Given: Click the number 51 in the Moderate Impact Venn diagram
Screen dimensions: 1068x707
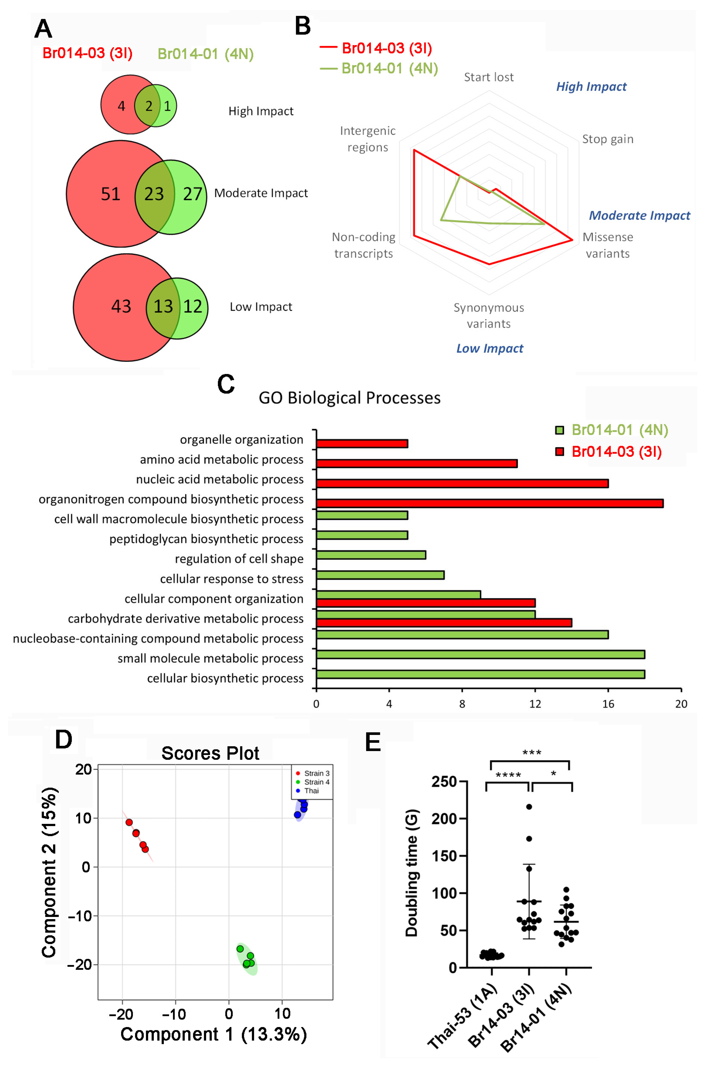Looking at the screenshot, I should [111, 194].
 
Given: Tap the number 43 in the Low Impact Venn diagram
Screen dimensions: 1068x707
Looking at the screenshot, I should [121, 307].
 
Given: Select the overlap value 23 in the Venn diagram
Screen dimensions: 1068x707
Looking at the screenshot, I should [154, 194].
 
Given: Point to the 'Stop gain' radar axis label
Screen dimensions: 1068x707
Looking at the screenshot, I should [607, 139].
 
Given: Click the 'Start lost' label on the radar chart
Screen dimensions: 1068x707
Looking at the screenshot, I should [489, 77].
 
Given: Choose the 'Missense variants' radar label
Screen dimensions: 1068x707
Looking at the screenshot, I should [607, 245].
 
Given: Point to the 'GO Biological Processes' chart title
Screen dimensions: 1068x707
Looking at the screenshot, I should [349, 398].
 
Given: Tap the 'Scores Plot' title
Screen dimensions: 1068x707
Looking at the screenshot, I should [210, 753].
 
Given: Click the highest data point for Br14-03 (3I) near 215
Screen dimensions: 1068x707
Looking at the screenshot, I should [529, 807].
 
